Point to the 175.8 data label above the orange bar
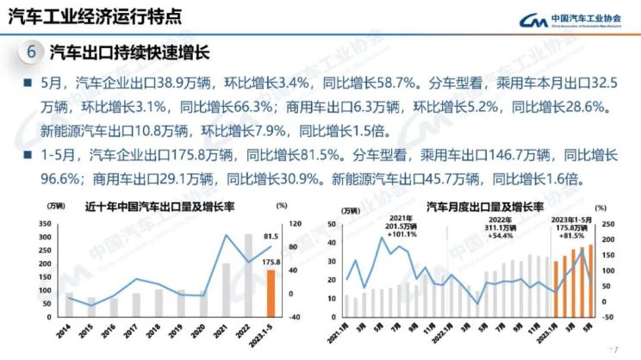click(x=271, y=262)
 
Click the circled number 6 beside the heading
click(x=31, y=52)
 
